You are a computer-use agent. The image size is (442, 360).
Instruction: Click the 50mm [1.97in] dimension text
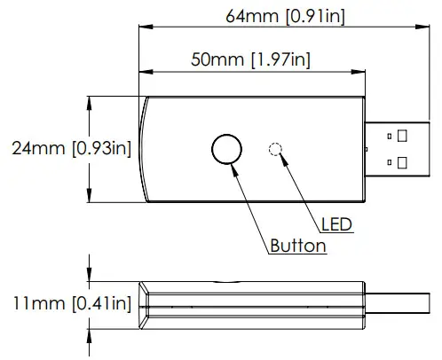click(250, 59)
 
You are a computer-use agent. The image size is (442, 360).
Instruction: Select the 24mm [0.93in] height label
click(67, 148)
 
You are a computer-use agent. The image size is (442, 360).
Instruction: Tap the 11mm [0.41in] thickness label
click(67, 303)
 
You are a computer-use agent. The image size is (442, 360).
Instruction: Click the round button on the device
click(226, 148)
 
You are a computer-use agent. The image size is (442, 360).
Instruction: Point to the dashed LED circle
click(276, 149)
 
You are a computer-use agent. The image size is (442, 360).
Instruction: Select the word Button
click(297, 246)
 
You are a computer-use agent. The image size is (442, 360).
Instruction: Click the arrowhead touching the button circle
click(234, 168)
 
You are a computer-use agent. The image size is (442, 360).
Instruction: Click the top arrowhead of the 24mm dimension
click(90, 100)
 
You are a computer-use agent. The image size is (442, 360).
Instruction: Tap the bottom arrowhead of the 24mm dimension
click(90, 198)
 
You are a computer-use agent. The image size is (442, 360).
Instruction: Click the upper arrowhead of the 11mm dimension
click(90, 277)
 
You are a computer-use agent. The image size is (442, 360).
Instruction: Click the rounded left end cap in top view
click(146, 148)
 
